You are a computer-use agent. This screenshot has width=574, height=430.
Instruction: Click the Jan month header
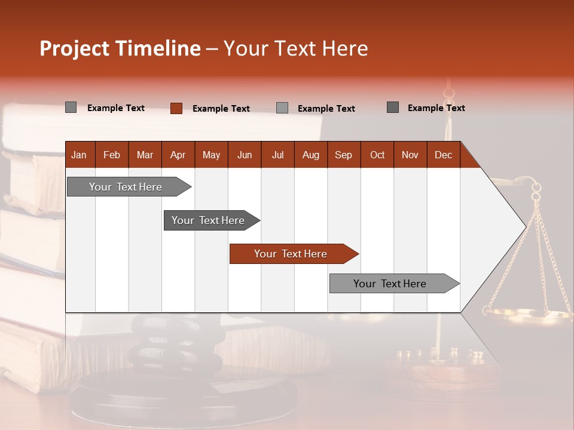(80, 155)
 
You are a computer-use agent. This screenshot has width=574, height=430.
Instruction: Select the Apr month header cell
(178, 155)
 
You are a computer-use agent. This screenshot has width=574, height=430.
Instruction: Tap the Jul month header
(278, 155)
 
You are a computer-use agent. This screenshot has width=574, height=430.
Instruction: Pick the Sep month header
(344, 155)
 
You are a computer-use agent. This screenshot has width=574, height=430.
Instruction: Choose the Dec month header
(443, 155)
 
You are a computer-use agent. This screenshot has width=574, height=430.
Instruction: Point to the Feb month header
(112, 155)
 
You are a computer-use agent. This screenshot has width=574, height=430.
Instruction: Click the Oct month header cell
(377, 155)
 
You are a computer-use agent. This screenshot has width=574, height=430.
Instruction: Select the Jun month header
(245, 155)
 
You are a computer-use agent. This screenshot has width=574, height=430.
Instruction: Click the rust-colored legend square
(176, 108)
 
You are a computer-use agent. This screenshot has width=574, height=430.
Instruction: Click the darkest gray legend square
(393, 107)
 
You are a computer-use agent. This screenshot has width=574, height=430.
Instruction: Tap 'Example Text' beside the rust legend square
(221, 109)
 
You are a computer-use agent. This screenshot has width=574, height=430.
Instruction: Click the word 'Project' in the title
(74, 48)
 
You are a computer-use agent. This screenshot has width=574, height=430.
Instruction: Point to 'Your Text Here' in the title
(296, 48)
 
